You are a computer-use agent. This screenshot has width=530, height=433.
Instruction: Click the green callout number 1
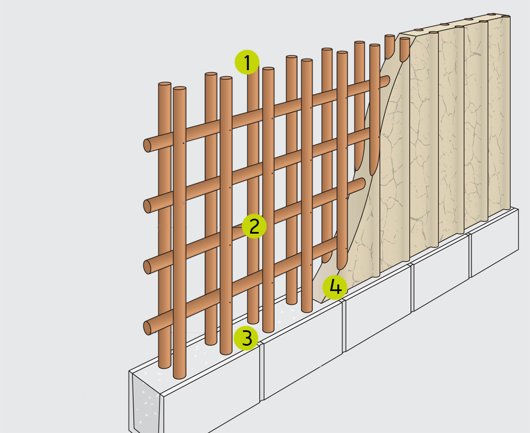247,62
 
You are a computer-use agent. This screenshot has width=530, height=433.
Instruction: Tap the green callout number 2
254,226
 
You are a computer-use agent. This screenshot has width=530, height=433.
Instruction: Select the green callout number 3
246,338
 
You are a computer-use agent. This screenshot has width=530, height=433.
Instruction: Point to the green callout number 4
335,287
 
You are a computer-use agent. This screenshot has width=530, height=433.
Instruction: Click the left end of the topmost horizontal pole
147,145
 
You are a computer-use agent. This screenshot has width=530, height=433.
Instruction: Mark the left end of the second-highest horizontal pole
147,206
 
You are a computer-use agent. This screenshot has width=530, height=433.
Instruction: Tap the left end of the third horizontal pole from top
147,267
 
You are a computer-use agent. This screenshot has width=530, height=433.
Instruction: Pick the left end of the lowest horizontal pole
147,328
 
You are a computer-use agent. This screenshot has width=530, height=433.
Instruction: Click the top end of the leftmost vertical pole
165,83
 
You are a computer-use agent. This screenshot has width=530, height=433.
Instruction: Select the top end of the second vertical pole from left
179,88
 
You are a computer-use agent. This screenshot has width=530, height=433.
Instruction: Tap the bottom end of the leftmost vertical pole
165,366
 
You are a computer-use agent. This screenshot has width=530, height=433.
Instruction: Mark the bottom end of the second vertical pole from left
179,376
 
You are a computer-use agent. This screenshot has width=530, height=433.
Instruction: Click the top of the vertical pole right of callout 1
268,69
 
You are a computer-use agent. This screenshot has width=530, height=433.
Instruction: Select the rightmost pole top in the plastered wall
506,16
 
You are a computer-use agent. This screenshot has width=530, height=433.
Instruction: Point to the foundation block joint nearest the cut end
261,372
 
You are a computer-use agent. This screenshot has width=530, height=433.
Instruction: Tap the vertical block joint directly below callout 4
344,326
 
